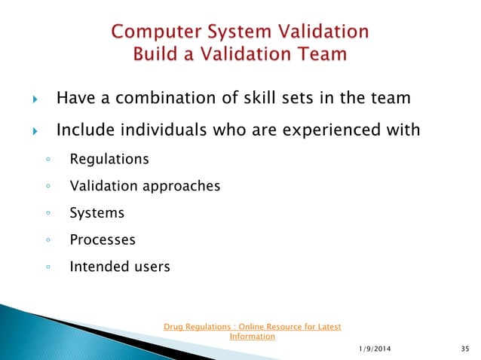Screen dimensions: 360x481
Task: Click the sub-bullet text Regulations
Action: click(109, 159)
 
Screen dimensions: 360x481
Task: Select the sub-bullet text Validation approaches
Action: click(145, 186)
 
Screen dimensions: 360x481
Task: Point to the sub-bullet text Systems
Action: click(97, 213)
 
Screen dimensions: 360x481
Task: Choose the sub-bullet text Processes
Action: click(103, 240)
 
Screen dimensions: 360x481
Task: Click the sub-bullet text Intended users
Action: click(119, 267)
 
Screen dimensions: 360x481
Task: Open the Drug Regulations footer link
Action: click(252, 327)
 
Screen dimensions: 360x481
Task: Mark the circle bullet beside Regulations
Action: click(47, 160)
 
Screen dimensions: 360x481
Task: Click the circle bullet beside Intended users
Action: click(47, 267)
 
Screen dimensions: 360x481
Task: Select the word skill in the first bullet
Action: click(266, 98)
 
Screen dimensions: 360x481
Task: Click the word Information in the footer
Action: click(252, 337)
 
